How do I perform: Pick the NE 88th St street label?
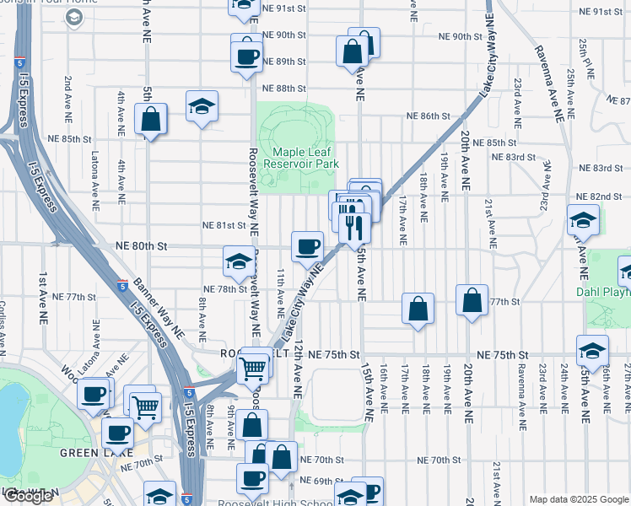click(283, 89)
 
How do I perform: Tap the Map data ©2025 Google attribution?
click(579, 499)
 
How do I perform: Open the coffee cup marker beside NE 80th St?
click(308, 247)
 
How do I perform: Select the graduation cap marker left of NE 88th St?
click(202, 107)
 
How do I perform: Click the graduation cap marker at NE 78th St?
click(239, 261)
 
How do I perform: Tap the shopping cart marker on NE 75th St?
click(253, 367)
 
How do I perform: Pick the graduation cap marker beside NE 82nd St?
click(583, 221)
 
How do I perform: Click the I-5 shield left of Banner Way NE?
click(123, 286)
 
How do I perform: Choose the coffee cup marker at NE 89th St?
click(246, 57)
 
